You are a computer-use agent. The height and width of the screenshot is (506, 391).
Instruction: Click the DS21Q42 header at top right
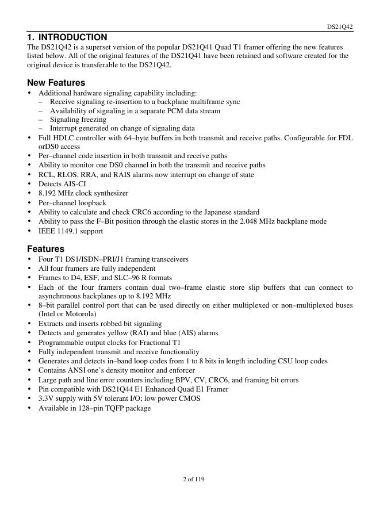click(x=340, y=26)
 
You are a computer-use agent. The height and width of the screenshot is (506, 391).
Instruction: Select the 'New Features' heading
click(x=56, y=82)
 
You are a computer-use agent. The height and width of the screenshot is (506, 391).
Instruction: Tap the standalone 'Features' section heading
click(x=45, y=249)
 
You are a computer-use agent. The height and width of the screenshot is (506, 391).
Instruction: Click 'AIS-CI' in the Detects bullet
click(x=74, y=184)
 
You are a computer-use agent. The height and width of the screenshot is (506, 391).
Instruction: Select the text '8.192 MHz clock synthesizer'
click(x=83, y=193)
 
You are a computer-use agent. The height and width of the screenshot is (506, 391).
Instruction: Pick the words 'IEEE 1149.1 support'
click(x=71, y=231)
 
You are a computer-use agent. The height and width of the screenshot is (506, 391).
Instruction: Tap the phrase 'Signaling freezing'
click(x=78, y=120)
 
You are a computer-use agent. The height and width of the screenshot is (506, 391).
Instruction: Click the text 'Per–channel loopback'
click(x=72, y=203)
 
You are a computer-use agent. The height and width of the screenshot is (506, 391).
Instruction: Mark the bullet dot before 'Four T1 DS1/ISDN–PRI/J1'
click(x=30, y=259)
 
